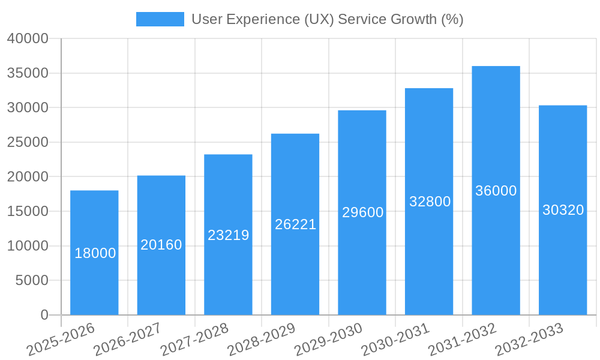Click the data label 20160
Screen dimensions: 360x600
coord(161,245)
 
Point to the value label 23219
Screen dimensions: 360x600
coord(229,235)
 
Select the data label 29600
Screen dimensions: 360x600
coord(362,212)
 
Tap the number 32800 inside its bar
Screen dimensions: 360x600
coord(430,202)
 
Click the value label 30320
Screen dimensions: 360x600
coord(563,210)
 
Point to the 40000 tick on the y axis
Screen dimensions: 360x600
coord(27,39)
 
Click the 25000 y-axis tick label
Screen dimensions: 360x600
coord(27,143)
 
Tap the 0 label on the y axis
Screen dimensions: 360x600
coord(44,315)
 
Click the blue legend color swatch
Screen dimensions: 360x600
coord(160,19)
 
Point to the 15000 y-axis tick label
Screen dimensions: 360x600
coord(27,212)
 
